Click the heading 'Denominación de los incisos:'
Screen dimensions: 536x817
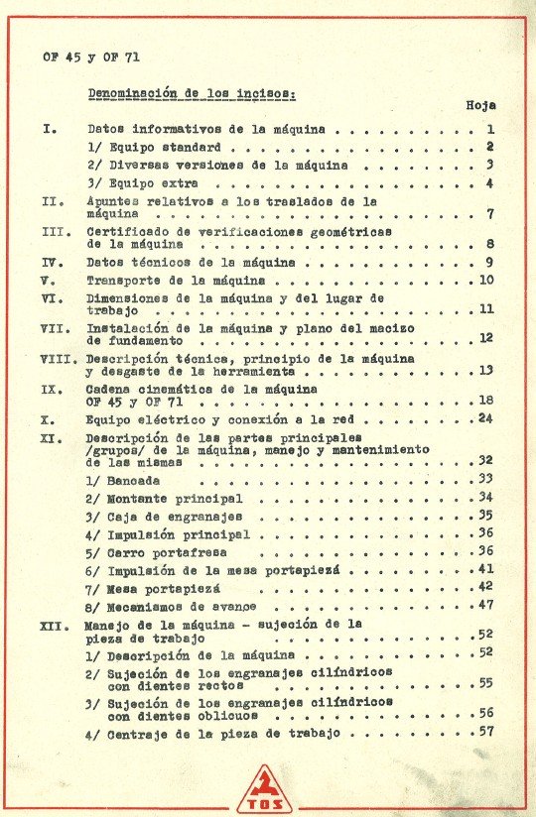point(192,93)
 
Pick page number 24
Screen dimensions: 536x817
point(484,418)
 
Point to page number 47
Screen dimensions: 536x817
point(485,604)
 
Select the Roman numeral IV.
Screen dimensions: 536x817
point(54,262)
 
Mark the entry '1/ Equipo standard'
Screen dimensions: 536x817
point(150,147)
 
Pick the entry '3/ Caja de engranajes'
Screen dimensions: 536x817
point(164,517)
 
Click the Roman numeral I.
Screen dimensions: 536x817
point(50,129)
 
